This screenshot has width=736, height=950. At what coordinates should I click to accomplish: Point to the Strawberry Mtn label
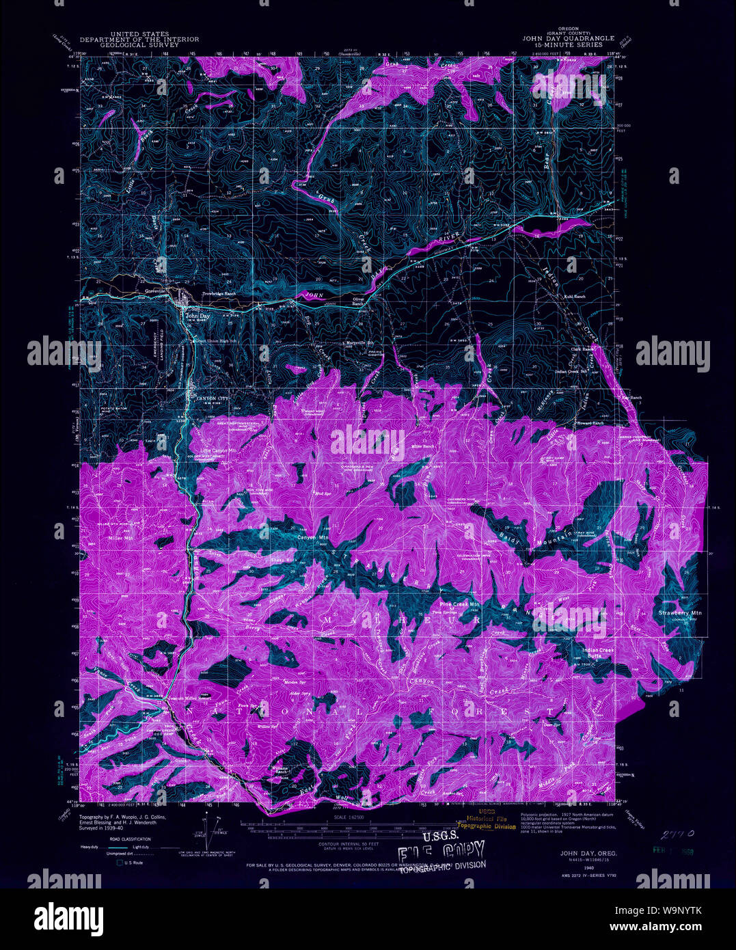click(680, 613)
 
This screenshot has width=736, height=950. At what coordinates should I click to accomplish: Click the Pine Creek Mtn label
click(460, 605)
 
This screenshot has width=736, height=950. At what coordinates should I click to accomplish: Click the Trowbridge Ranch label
click(218, 295)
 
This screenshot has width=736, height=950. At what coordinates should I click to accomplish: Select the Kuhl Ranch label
click(574, 297)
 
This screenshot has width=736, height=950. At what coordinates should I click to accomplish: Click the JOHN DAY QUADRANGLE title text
click(568, 39)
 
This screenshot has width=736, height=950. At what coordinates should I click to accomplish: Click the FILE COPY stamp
click(443, 851)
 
